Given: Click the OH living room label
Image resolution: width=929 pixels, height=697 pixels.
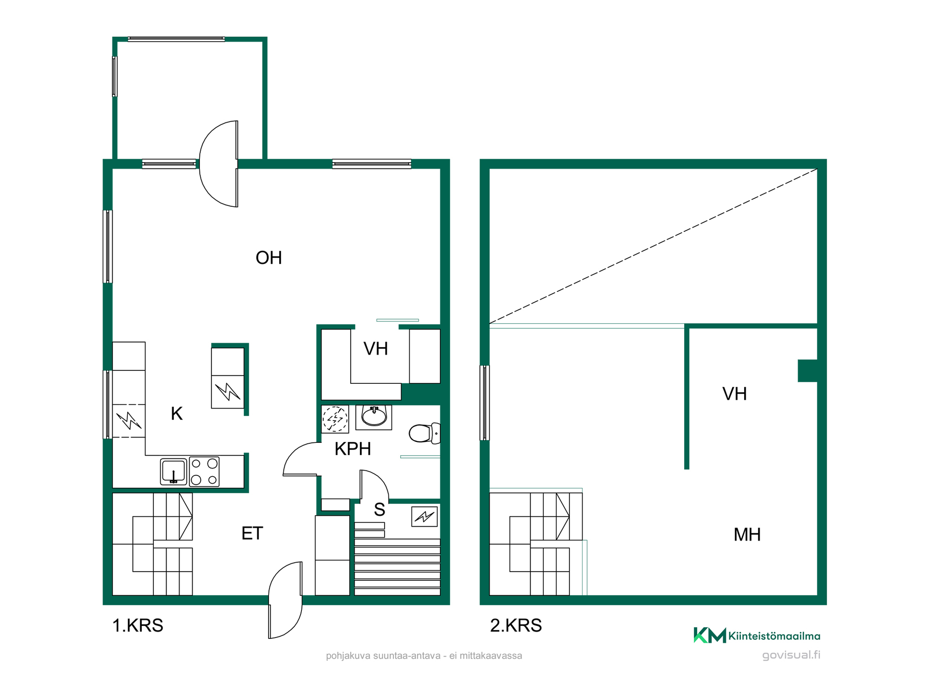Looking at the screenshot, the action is pos(269,258).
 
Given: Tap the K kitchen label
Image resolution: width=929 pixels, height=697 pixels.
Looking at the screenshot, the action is pos(177,414).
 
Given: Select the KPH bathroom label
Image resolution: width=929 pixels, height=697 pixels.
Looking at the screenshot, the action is pos(353,449).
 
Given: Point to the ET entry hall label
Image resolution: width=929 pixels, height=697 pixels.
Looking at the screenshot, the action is pos(252,533).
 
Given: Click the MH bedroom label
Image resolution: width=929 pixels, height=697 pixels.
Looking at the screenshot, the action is pos(747,535).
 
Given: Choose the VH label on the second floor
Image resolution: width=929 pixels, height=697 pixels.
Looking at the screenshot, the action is pos(734,394).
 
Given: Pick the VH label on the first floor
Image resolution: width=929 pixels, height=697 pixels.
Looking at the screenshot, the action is pos(375,349).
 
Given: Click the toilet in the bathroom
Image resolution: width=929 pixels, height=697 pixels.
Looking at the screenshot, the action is pos(424,433).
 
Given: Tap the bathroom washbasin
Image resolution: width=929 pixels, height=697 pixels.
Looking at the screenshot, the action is pos(374,417).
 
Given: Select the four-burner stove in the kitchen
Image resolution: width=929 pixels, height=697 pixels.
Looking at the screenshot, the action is pos(204,471).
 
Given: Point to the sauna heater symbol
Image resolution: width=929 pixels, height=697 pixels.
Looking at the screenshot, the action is pos(424,516).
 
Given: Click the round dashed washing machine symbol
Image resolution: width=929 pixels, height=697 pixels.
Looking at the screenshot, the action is pos(335,419).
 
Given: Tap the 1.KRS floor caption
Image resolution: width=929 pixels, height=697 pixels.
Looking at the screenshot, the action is pos(138,625).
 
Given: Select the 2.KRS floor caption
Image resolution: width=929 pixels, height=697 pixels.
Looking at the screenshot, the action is pos(516,625).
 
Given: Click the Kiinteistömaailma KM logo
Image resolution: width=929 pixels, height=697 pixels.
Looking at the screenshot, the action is pos(757,636).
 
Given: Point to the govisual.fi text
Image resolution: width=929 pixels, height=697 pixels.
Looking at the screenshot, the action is pos(791,655).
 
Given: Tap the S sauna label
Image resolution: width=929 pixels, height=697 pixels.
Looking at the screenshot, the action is pos(379,510).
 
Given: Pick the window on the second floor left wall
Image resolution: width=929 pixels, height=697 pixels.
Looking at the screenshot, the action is pos(484,403).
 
